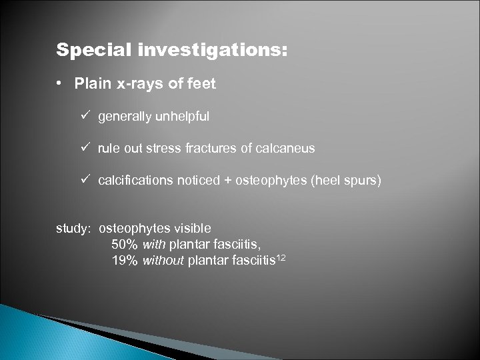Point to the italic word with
153,243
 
